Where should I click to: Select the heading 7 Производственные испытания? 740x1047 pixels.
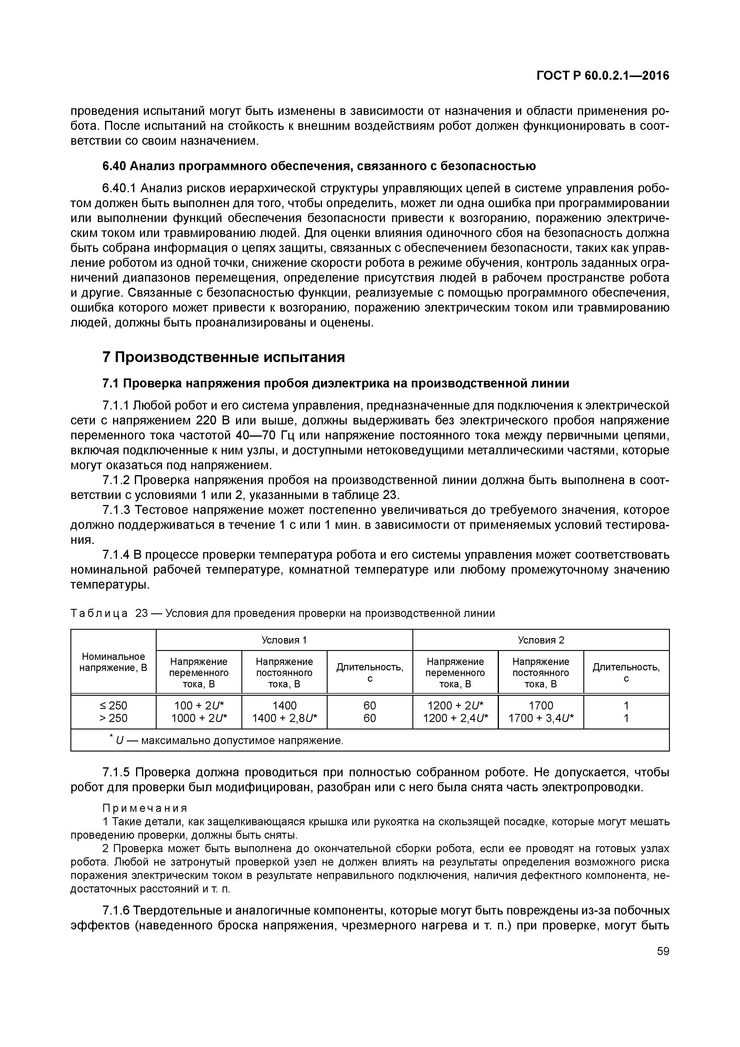pyautogui.click(x=223, y=357)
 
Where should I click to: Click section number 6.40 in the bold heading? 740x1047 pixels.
pyautogui.click(x=115, y=167)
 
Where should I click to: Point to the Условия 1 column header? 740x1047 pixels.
pyautogui.click(x=284, y=640)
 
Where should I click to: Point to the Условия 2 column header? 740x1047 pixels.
pyautogui.click(x=541, y=640)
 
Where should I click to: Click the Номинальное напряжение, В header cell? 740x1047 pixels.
pyautogui.click(x=113, y=662)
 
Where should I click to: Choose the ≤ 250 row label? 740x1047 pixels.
pyautogui.click(x=113, y=706)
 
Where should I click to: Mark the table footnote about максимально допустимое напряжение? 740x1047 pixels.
pyautogui.click(x=228, y=740)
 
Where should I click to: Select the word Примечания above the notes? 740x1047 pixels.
pyautogui.click(x=144, y=808)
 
